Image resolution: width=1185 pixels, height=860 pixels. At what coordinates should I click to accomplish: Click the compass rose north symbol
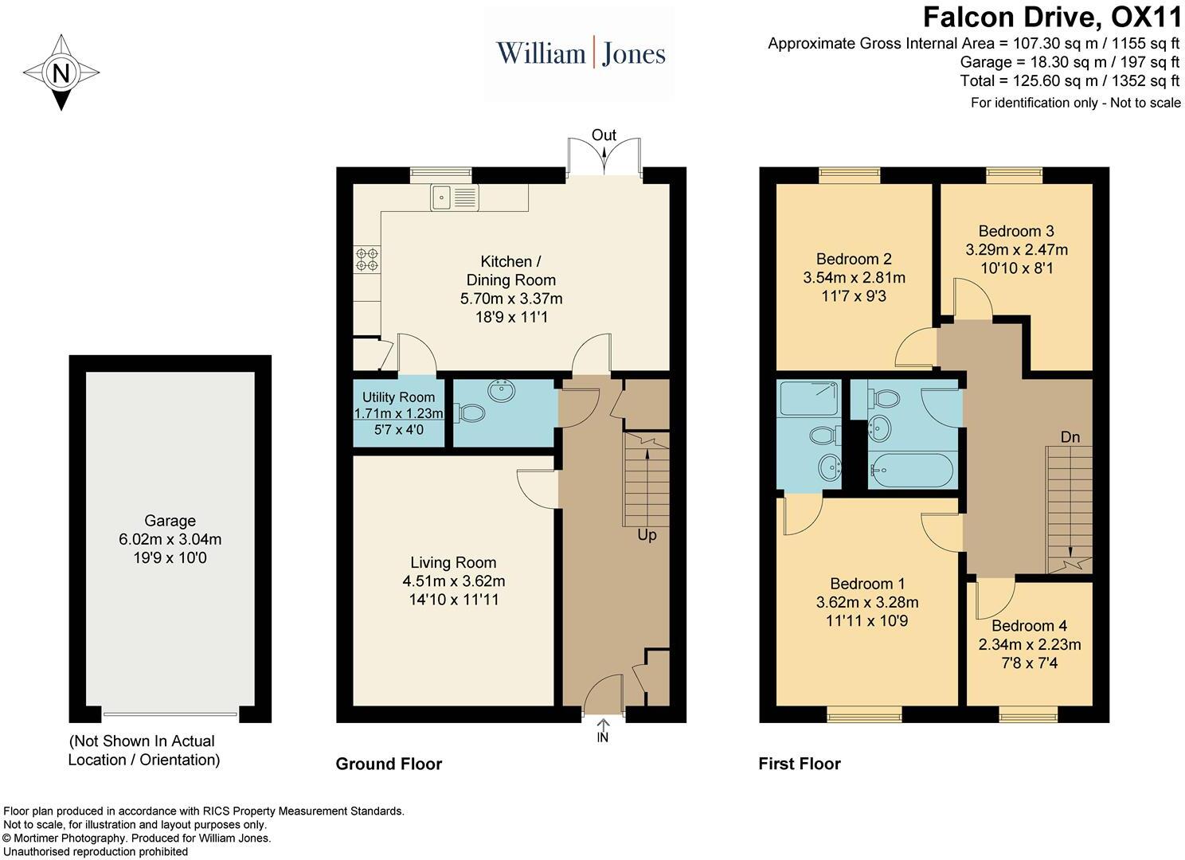[61, 73]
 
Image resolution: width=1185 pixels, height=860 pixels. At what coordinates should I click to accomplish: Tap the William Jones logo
[581, 53]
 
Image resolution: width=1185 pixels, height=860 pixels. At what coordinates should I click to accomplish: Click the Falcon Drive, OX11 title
[1052, 17]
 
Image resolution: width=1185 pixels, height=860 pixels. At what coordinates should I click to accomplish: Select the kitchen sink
[455, 197]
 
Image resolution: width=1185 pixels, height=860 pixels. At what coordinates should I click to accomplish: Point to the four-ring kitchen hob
[367, 258]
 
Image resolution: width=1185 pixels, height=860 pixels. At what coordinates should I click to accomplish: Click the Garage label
[170, 521]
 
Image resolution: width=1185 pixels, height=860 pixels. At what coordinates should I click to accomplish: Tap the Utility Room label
[398, 397]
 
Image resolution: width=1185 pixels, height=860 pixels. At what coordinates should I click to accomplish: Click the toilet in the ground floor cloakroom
[470, 413]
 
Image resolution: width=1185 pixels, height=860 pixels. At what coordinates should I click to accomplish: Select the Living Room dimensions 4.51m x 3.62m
[453, 581]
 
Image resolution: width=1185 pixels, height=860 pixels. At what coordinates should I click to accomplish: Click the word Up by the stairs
[647, 535]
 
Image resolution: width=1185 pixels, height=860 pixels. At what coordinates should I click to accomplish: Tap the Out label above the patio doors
[604, 136]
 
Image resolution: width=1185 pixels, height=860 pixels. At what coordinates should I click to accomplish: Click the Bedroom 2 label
[854, 259]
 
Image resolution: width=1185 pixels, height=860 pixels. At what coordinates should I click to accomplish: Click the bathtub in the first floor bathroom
[910, 470]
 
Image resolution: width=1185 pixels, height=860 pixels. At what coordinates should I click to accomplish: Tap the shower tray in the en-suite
[808, 397]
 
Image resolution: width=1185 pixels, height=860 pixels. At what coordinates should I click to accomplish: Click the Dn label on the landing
[1070, 437]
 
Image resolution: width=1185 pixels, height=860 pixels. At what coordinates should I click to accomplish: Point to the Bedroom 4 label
[1029, 626]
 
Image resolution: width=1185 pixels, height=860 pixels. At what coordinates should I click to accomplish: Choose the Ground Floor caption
[389, 764]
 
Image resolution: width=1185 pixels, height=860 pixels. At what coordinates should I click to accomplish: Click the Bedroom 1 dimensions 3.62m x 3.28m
[867, 602]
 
